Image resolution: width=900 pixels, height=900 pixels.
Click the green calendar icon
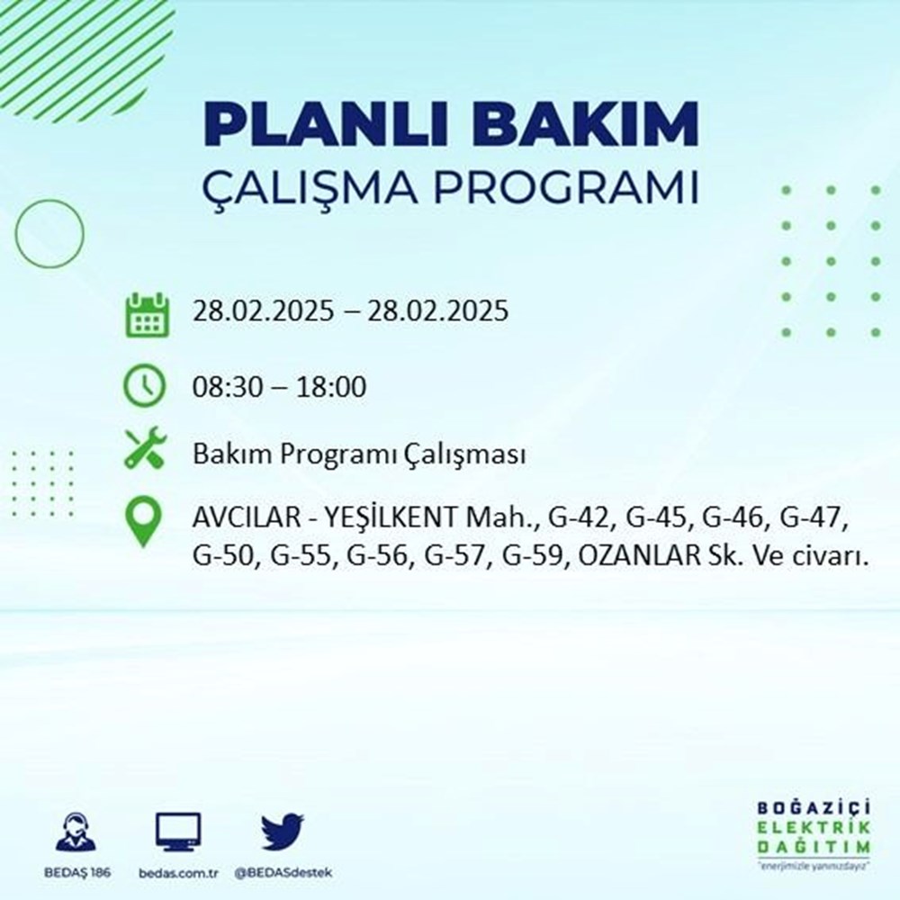[x=144, y=313]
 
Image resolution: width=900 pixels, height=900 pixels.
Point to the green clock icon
[x=144, y=387]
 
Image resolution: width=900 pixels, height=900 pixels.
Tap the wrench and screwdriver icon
[x=144, y=447]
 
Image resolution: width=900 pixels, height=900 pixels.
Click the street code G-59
[x=534, y=557]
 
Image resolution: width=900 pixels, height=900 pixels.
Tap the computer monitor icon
[x=178, y=832]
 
